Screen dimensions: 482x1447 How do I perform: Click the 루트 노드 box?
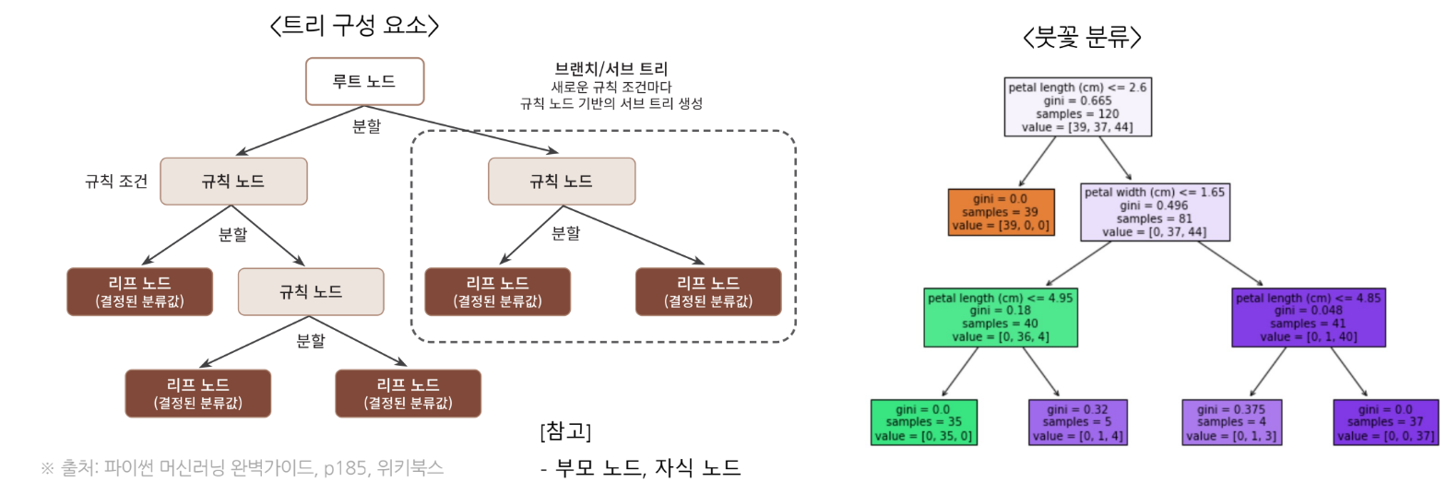364,82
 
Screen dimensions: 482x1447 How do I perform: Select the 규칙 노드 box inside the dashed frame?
561,182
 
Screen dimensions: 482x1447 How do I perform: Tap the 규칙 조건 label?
116,182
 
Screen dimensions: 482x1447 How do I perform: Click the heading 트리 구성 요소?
354,25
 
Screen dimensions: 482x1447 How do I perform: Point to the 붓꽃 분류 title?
1082,37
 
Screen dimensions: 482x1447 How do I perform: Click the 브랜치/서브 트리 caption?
611,69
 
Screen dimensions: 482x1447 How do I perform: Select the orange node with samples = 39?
1001,212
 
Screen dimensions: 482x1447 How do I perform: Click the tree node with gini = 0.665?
1077,107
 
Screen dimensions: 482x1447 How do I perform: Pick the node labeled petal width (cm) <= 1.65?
1155,212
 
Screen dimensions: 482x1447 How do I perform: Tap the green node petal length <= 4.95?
1001,317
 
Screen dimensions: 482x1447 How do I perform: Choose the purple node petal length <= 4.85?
1308,317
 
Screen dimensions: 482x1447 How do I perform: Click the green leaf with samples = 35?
923,422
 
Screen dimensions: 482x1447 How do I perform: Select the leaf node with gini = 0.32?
1077,422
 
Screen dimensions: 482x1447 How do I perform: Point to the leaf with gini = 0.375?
1231,422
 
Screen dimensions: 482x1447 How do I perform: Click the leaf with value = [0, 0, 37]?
1385,422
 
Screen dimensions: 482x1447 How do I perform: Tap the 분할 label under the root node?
366,126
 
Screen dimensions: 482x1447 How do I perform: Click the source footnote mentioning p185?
243,468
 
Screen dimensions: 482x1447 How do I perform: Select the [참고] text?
565,431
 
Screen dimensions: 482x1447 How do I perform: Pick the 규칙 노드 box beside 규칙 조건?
233,182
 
